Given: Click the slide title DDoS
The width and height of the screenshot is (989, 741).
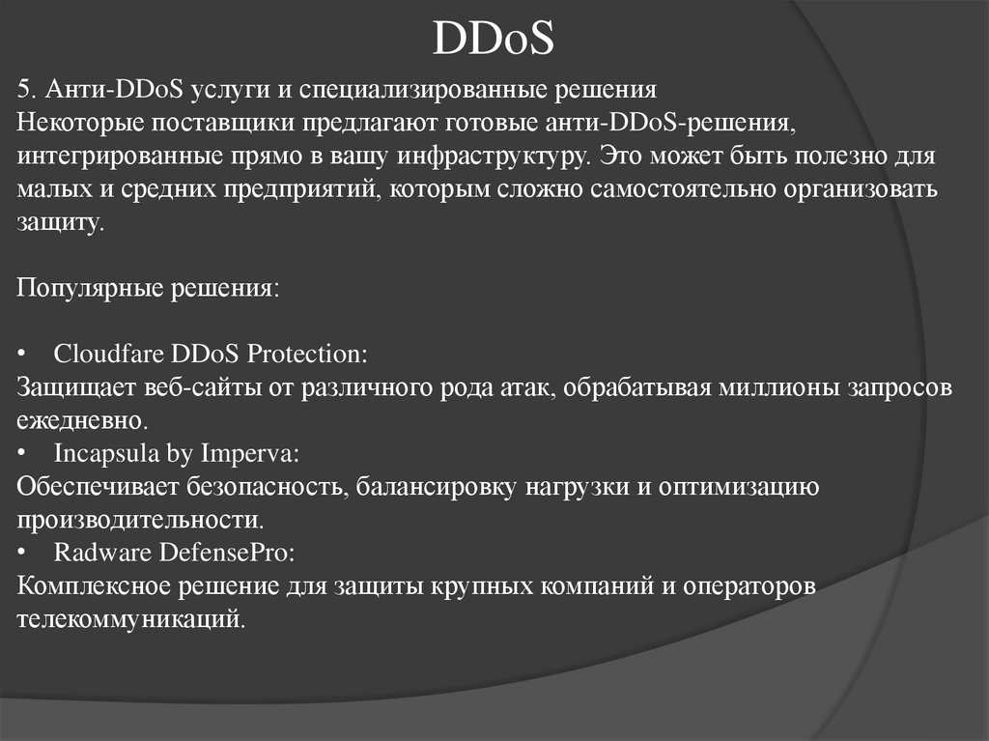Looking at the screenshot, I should (494, 40).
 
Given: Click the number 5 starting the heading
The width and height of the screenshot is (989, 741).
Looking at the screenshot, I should (22, 90).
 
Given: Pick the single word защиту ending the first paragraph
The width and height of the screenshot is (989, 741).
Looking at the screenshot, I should (58, 223).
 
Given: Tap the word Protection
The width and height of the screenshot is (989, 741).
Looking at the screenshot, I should (306, 354).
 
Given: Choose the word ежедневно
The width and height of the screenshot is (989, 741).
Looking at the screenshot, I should (81, 421).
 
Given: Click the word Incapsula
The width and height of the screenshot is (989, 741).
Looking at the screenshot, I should (101, 453).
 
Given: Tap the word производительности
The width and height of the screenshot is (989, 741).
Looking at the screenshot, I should (139, 520).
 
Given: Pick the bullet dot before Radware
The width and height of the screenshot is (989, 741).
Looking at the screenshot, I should (23, 554).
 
